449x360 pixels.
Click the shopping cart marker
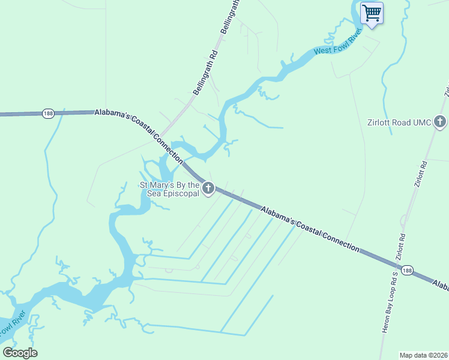tap(372, 13)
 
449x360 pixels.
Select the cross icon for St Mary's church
tap(208, 189)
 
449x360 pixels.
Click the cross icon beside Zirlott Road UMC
tap(440, 122)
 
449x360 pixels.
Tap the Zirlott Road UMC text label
tap(399, 122)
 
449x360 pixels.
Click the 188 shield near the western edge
tap(49, 113)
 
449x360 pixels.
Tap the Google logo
tap(20, 353)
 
